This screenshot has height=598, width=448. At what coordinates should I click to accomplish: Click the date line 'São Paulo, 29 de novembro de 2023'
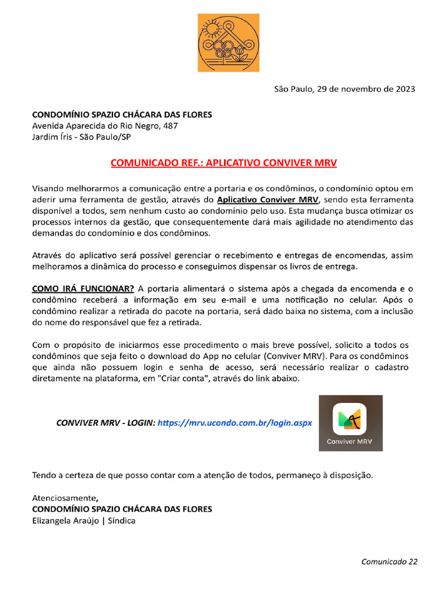click(345, 89)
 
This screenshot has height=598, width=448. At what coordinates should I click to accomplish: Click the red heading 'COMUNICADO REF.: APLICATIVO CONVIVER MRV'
click(224, 162)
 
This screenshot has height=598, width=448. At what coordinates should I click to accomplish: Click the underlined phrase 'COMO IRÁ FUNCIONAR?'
click(83, 288)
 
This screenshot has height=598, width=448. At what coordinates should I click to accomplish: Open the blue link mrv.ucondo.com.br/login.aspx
click(235, 422)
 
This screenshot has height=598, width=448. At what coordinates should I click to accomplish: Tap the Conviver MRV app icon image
click(350, 423)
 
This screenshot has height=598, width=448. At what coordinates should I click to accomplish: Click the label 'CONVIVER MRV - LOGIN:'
click(106, 422)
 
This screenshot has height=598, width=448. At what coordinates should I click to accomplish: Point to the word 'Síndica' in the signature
click(121, 520)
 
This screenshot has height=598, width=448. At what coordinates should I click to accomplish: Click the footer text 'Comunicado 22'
click(389, 562)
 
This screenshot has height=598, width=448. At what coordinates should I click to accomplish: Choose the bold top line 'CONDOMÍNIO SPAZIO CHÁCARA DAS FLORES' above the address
click(122, 114)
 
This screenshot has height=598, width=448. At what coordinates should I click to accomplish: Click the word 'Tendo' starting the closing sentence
click(44, 475)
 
